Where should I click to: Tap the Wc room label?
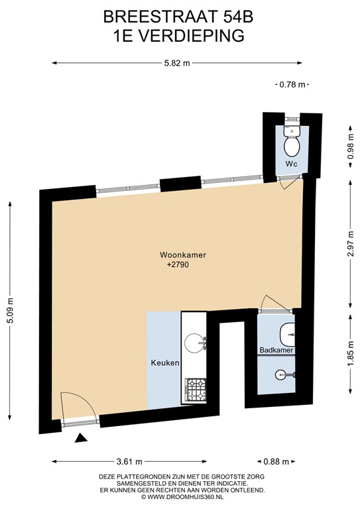(291, 164)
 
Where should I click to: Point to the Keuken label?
(162, 363)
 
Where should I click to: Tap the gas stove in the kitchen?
(196, 390)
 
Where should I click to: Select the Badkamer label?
(276, 350)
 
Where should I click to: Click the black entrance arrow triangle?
(81, 437)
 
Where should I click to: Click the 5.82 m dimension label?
(177, 64)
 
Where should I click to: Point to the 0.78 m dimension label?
(292, 84)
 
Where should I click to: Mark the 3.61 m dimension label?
(129, 462)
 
